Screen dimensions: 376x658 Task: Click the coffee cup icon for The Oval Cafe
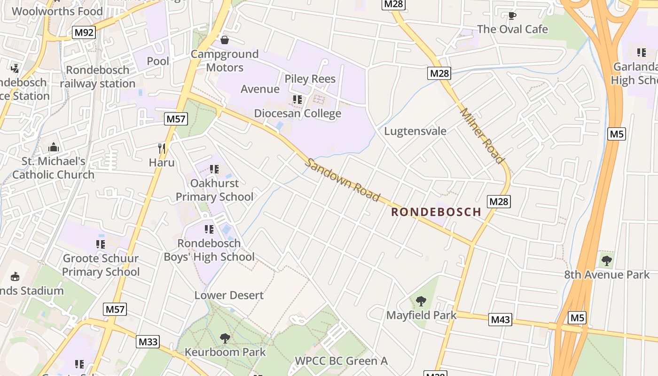tap(512, 16)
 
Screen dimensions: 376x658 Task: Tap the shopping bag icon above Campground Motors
tap(225, 40)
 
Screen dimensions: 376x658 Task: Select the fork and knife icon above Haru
tap(162, 149)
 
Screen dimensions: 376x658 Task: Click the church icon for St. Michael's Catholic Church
tap(54, 147)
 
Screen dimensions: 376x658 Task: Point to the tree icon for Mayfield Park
tap(421, 301)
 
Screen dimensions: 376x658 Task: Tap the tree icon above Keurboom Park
tap(225, 338)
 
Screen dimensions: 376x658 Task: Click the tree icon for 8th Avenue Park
tap(607, 260)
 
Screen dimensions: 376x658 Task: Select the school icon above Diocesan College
tap(297, 100)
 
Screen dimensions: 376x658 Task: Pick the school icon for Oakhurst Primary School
tap(214, 169)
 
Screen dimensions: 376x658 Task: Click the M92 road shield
tap(84, 32)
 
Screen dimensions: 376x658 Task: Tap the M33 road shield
tap(148, 342)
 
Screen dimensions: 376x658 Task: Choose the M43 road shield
tap(500, 320)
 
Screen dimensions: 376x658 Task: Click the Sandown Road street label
tap(342, 180)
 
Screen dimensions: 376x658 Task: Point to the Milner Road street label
tap(481, 136)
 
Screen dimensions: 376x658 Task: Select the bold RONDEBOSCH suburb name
tap(436, 212)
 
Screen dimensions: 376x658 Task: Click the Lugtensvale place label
tap(415, 131)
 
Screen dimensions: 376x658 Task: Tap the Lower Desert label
tap(229, 295)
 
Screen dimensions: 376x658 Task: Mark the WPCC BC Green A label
tap(341, 361)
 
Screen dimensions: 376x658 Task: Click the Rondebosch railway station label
tap(98, 77)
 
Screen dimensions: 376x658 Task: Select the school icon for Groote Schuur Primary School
tap(101, 244)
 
